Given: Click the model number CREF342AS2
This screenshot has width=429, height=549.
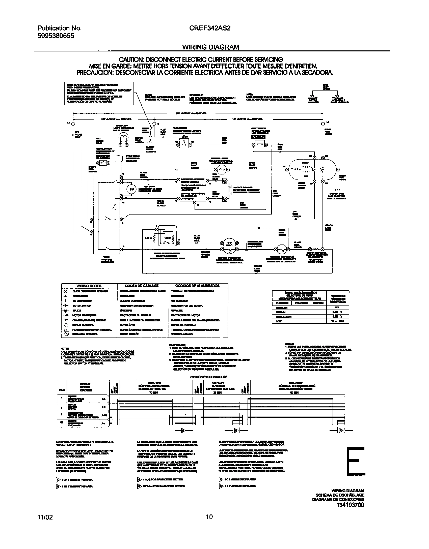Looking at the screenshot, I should [x=210, y=28].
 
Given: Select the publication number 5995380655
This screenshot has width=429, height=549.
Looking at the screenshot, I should [x=56, y=36].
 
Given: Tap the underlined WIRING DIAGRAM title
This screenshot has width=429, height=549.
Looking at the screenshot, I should [x=211, y=47].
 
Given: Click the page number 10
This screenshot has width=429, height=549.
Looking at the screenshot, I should [x=209, y=517].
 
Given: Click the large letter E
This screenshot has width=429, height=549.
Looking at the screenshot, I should [x=356, y=461].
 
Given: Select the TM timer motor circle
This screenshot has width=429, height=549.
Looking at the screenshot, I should [x=131, y=189].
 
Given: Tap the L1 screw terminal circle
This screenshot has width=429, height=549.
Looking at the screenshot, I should [x=73, y=124].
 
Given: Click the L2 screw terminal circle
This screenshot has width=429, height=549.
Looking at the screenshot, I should [x=323, y=124].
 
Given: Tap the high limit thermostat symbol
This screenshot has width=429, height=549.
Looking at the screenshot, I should [x=281, y=249].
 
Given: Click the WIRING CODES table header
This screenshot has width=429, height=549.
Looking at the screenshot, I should [x=89, y=286].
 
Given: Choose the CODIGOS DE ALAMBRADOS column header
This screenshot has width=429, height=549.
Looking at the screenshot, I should [x=198, y=286].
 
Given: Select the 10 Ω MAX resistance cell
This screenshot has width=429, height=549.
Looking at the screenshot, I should [x=338, y=321].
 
